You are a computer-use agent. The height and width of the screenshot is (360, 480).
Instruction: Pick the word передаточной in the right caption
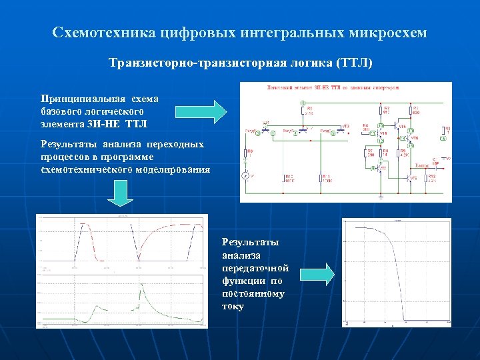(255, 268)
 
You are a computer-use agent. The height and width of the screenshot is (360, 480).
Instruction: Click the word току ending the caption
(233, 307)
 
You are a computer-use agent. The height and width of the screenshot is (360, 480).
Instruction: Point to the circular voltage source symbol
(245, 175)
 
